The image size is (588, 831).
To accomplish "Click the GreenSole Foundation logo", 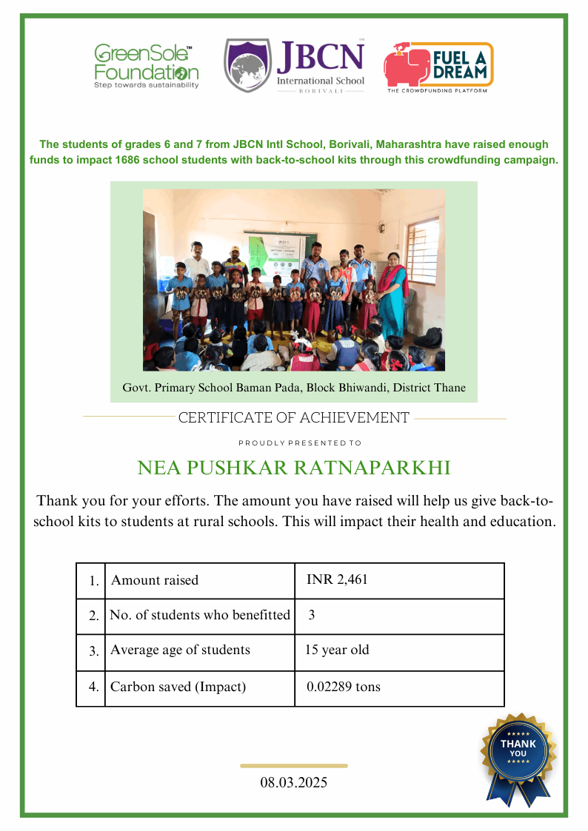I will (x=146, y=66).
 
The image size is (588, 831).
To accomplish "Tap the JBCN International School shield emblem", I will (x=247, y=66).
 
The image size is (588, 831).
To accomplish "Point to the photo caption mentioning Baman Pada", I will (x=293, y=388).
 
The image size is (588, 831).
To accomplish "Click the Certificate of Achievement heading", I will (x=293, y=418).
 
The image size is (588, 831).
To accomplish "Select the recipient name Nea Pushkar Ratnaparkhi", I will (x=294, y=468).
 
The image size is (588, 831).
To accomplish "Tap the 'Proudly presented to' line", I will (x=300, y=443).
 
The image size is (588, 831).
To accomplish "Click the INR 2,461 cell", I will (x=337, y=579).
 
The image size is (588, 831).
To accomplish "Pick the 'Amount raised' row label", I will (x=155, y=580).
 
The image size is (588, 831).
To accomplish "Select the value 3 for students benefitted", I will (x=312, y=615).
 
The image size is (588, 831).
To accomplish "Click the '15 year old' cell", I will (x=337, y=650).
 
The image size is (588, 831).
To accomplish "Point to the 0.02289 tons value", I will (x=344, y=687).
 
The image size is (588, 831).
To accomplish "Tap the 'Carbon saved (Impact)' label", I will (x=178, y=687).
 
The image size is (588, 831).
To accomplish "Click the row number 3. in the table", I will (x=93, y=652).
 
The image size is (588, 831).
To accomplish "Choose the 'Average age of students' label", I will (x=180, y=650).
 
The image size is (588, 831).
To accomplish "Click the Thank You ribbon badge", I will (x=518, y=755).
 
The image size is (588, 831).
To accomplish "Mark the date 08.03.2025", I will (x=293, y=782).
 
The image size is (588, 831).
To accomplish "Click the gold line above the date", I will (x=293, y=766).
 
